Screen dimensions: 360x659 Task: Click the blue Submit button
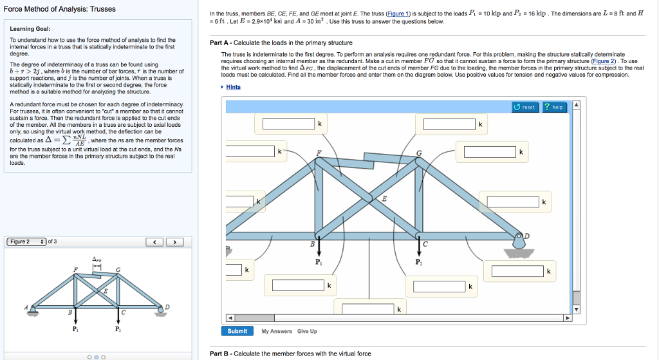237,331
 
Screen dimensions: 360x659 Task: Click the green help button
554,107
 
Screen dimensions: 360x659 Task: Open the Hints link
233,87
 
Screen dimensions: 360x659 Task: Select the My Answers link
277,331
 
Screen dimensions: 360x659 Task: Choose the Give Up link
307,331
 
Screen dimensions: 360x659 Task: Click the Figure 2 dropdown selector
28,242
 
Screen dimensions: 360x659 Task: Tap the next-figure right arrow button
175,242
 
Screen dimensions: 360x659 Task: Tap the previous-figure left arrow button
154,242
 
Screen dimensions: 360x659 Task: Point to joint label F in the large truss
318,153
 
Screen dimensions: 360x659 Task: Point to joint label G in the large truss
420,153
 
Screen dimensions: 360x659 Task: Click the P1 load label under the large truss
319,263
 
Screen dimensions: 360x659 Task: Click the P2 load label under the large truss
418,263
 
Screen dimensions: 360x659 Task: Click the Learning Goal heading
30,28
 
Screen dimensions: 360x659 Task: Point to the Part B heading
292,354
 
